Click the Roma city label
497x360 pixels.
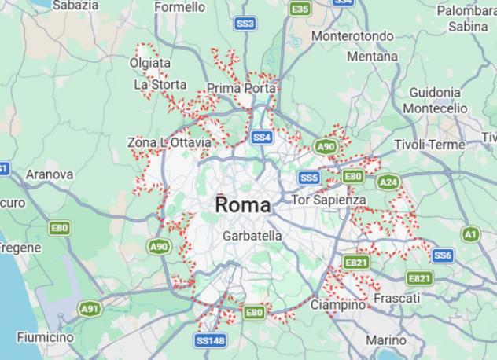[242, 205]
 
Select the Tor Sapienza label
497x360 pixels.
[329, 200]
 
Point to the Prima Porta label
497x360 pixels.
[241, 88]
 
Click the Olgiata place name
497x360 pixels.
[152, 63]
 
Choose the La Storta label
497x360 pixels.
[160, 84]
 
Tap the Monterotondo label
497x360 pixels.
[352, 36]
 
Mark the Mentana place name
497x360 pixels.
[372, 57]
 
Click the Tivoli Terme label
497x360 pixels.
[429, 145]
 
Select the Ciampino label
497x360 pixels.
[338, 304]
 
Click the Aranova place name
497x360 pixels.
[50, 174]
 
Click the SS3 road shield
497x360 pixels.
[245, 24]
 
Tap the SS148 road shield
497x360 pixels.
[211, 341]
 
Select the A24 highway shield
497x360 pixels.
[388, 182]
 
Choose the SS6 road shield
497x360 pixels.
[443, 255]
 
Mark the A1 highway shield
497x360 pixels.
[470, 234]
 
